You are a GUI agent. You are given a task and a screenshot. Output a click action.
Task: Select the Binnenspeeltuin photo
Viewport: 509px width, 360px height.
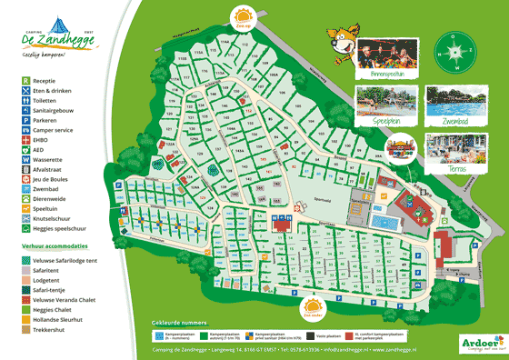381,54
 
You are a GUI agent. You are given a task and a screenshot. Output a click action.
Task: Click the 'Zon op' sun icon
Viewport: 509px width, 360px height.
244,17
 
